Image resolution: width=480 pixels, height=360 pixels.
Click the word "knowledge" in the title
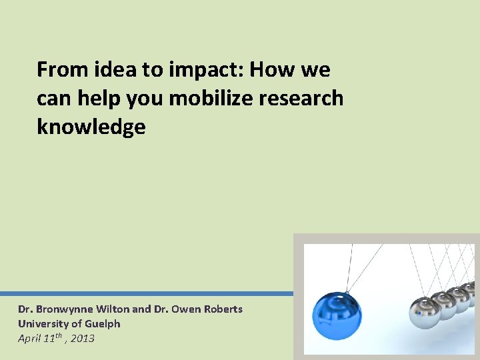pos(91,127)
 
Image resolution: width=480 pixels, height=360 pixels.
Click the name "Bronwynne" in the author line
pos(64,309)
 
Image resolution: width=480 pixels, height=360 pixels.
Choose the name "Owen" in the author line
pos(184,309)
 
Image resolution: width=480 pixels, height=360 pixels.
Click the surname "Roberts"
pos(221,309)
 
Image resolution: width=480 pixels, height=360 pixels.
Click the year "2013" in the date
pos(83,339)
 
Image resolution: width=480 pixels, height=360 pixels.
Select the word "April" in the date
pos(29,339)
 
